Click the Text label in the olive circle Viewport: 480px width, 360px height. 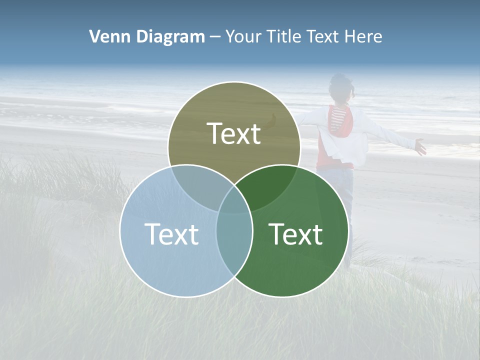(x=234, y=133)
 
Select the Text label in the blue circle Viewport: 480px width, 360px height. (x=171, y=234)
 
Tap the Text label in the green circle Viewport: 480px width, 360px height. (x=296, y=234)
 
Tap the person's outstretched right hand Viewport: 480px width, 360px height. (x=420, y=147)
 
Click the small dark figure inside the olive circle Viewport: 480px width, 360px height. (x=273, y=119)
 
